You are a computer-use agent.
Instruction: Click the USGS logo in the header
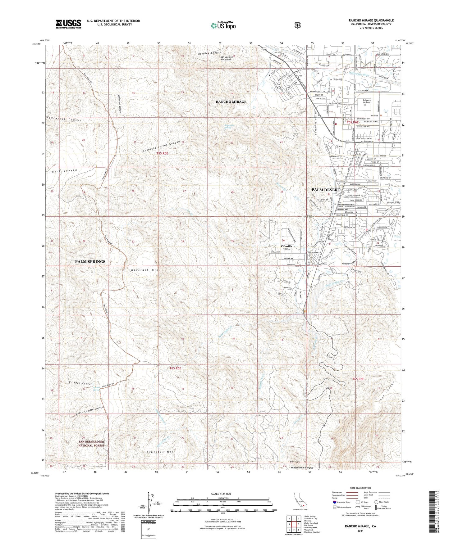68,24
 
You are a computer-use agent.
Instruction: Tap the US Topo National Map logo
223,25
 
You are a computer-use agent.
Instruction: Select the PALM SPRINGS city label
90,261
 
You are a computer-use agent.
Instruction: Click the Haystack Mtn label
143,270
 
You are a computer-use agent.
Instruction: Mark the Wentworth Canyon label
64,120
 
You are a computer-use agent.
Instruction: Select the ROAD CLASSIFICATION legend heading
360,488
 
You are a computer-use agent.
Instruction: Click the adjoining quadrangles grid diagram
293,524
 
